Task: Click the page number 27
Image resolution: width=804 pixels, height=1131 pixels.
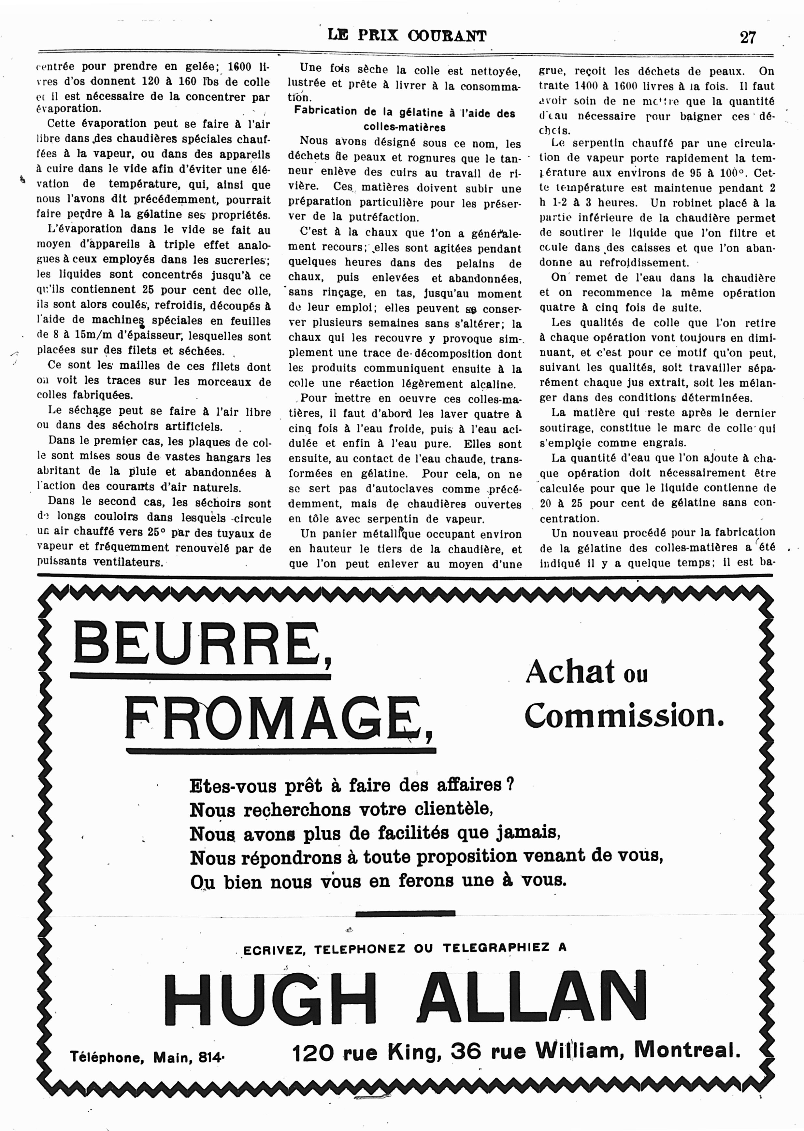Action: tap(748, 37)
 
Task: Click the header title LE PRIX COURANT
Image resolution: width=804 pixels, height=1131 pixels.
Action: tap(407, 36)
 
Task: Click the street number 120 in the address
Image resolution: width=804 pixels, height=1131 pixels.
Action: tap(312, 1053)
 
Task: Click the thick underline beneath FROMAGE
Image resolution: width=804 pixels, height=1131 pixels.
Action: tap(281, 751)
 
